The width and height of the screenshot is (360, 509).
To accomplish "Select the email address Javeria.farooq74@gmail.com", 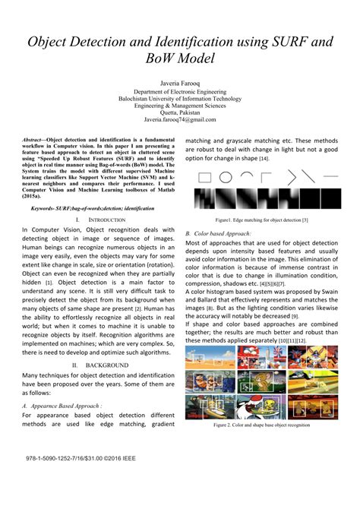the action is click(179, 120).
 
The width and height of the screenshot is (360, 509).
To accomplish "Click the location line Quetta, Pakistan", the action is click(179, 112).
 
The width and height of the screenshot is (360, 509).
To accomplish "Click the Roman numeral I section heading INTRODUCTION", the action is click(97, 218).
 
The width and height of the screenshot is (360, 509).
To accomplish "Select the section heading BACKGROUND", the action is click(97, 365).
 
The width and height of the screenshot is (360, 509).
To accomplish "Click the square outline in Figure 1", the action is click(204, 178).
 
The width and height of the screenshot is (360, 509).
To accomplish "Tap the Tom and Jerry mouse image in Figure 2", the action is click(261, 378).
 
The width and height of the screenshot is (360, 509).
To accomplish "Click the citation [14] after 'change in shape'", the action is click(264, 158).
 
